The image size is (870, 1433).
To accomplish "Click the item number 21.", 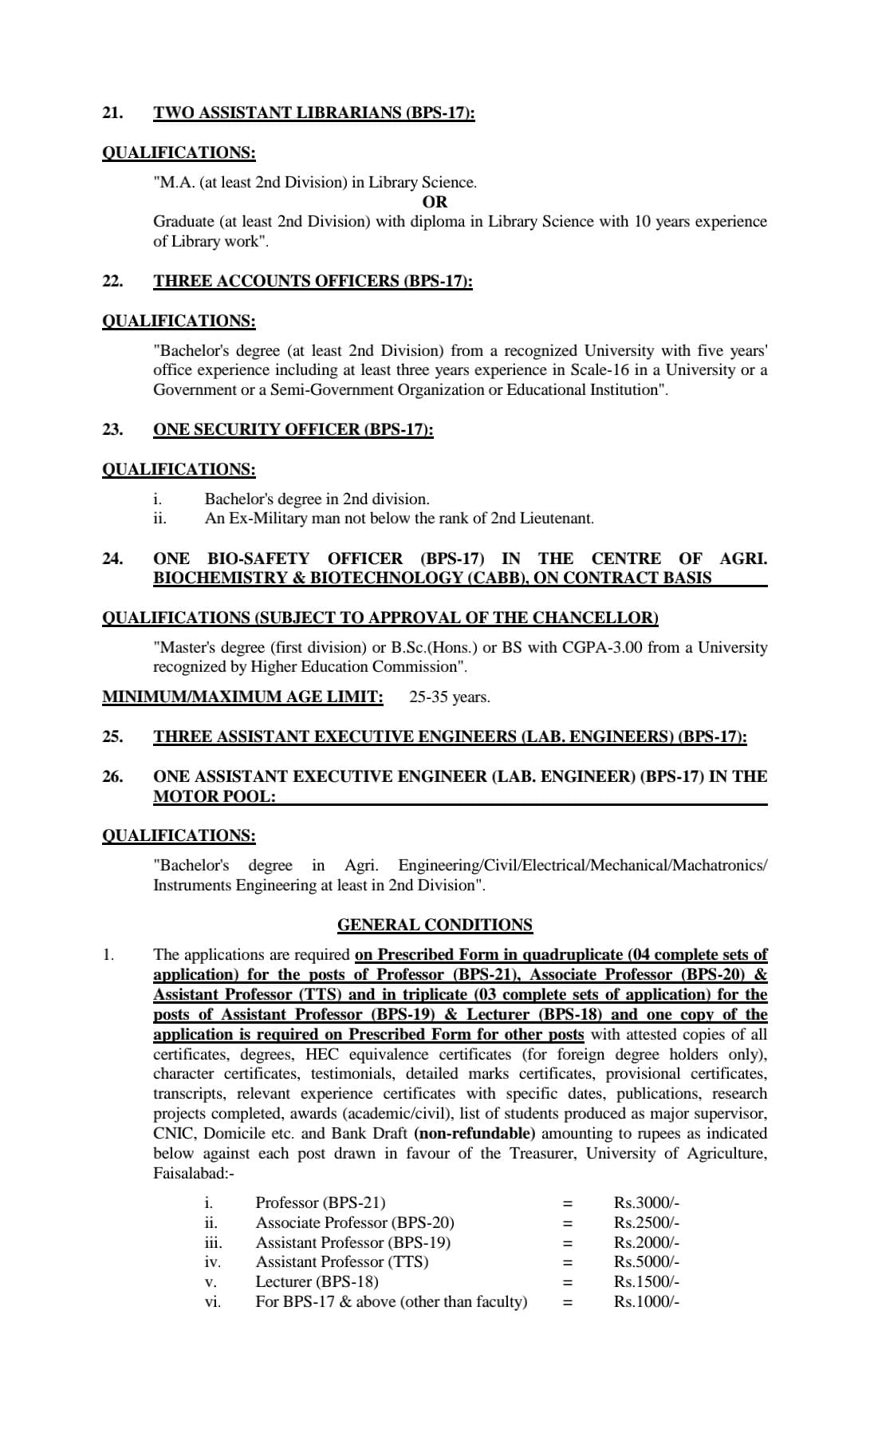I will point(112,113).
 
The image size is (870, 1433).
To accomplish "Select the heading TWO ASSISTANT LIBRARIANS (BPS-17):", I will point(313,113).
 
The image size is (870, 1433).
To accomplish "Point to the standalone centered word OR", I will point(435,202).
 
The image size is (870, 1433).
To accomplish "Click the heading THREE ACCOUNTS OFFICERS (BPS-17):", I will point(313,281).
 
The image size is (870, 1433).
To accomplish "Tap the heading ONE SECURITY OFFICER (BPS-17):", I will point(293,429).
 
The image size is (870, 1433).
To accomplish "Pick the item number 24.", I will point(112,559).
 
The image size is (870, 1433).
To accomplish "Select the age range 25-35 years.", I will point(449,697).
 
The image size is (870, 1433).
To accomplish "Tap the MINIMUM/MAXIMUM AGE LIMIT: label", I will point(242,697).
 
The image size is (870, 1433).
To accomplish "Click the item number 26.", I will point(112,776).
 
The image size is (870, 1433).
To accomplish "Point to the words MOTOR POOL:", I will point(214,796).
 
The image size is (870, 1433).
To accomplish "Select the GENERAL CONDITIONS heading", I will point(435,925).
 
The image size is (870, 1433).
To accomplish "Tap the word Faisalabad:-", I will point(194,1173).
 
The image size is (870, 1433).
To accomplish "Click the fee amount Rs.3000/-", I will point(646,1202).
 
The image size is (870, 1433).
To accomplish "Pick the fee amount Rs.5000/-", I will point(646,1261).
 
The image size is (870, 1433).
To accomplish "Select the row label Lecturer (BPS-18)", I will point(317,1281).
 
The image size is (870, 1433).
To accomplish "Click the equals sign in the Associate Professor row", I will point(568,1222).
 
